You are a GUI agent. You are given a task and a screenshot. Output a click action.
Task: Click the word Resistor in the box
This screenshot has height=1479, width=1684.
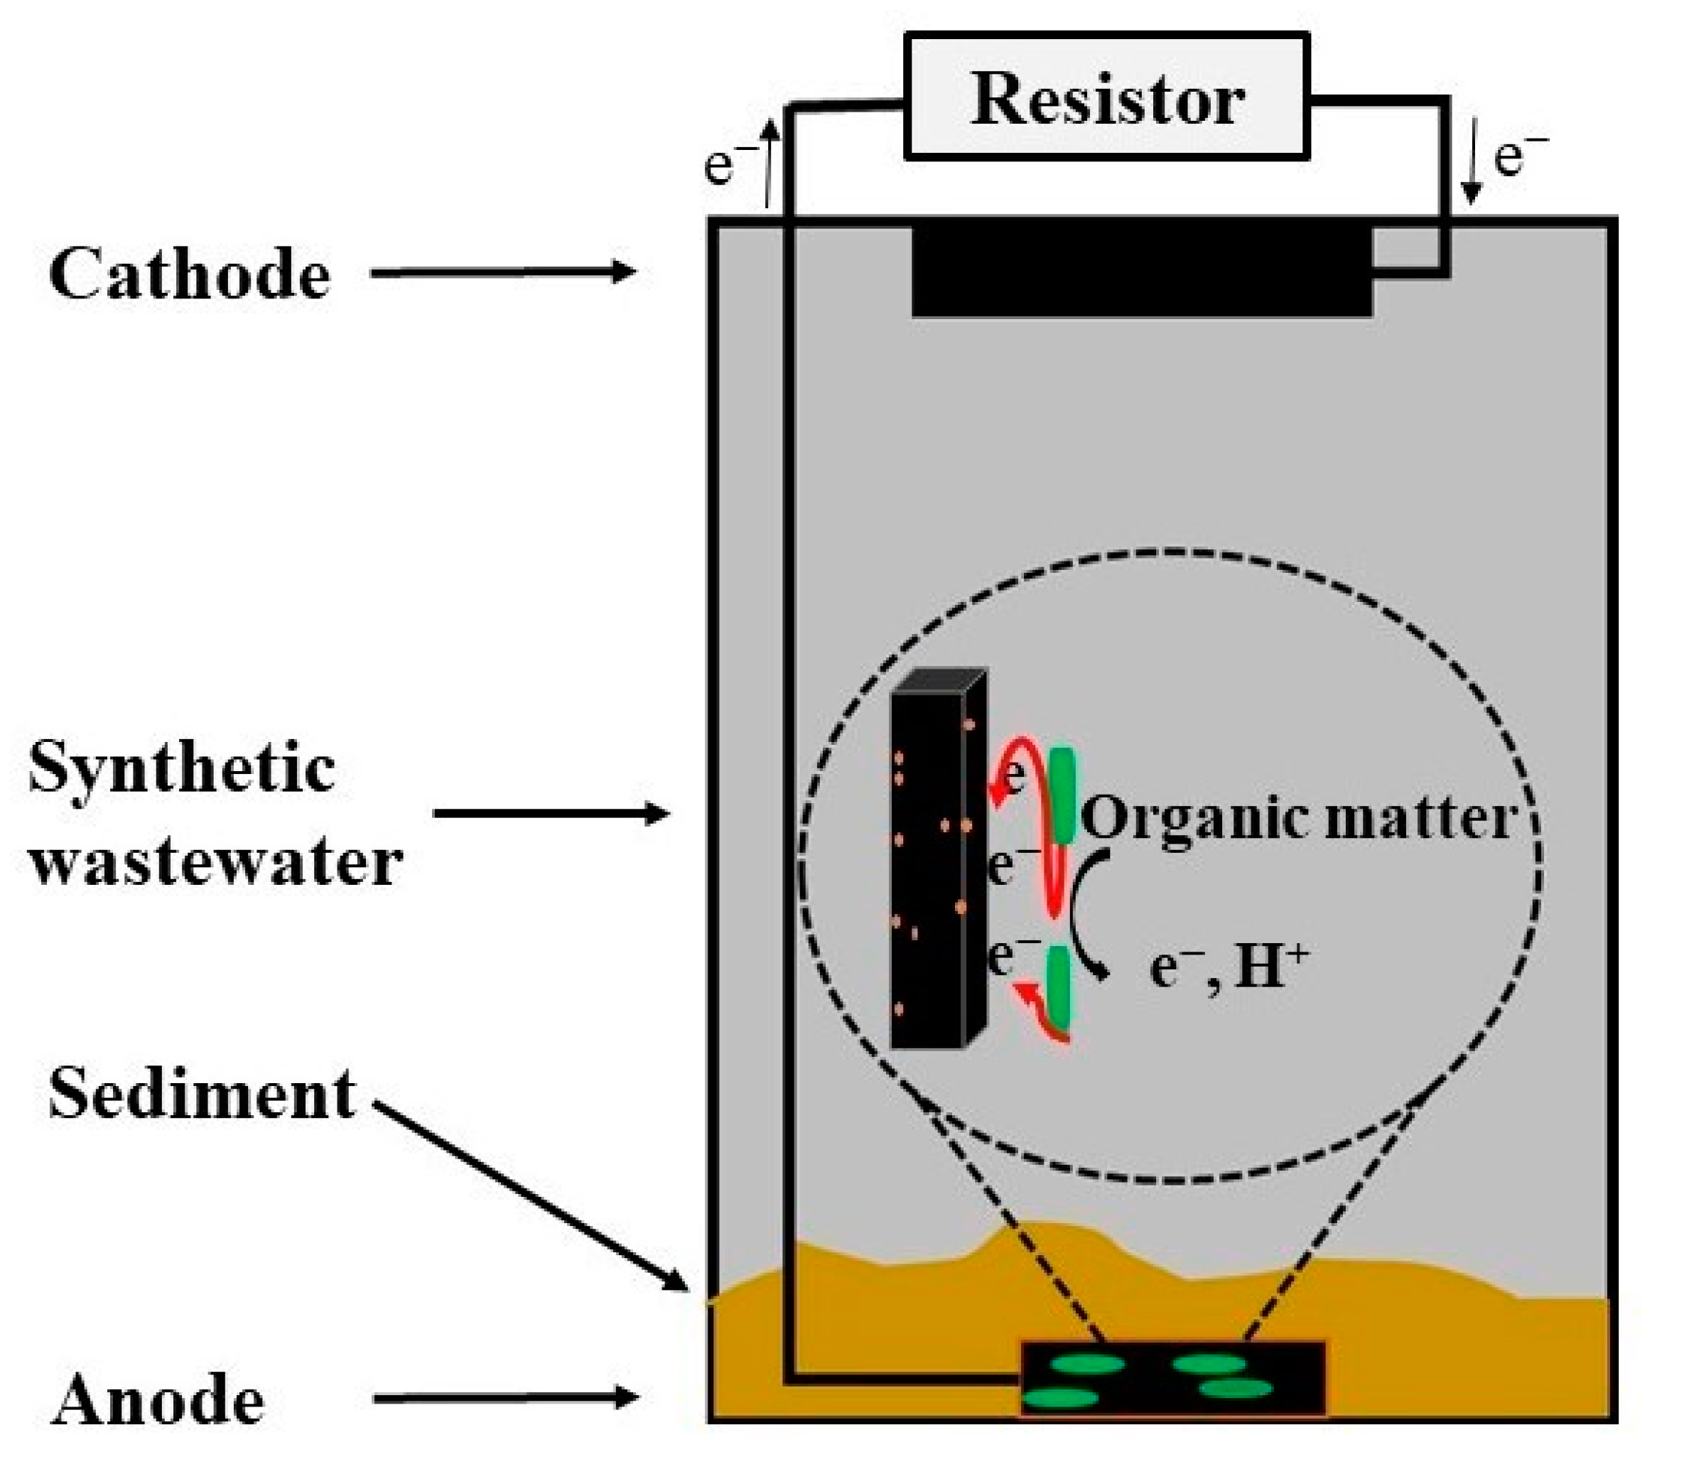pos(1106,99)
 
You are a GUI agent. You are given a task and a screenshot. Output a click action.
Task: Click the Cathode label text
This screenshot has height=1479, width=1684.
pos(190,274)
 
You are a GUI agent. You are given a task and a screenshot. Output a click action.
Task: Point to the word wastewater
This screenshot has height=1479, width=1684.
pos(216,863)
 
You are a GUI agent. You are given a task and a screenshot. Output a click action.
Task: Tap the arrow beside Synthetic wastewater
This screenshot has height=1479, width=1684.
pos(551,814)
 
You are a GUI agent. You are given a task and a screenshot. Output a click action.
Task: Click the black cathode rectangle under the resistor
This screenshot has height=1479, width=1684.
pos(1141,268)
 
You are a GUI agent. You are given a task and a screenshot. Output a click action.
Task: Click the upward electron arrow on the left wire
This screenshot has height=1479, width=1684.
pos(768,161)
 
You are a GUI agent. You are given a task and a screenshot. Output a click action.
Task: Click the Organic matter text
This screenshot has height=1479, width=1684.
pos(1297,818)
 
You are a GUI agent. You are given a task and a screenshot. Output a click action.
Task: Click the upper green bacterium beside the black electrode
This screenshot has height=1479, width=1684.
pos(1063,795)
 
